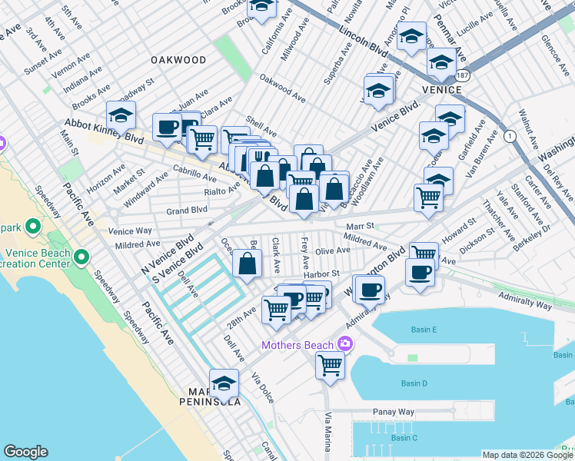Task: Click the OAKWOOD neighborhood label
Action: pyautogui.click(x=178, y=59)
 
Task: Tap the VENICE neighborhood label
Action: pyautogui.click(x=441, y=90)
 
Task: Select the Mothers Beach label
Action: pyautogui.click(x=296, y=345)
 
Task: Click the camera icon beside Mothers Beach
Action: pyautogui.click(x=346, y=344)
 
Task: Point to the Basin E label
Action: pyautogui.click(x=424, y=330)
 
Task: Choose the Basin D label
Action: pyautogui.click(x=414, y=383)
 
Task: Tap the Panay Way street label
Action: pyautogui.click(x=394, y=412)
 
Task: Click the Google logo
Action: pyautogui.click(x=25, y=452)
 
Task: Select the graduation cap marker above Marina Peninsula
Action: pyautogui.click(x=224, y=382)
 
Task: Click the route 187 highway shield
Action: pyautogui.click(x=462, y=77)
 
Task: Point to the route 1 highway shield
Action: pyautogui.click(x=510, y=135)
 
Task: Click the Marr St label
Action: pyautogui.click(x=359, y=227)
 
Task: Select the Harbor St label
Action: pyautogui.click(x=321, y=273)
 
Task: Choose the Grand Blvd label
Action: pyautogui.click(x=187, y=209)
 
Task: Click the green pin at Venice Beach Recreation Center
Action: pyautogui.click(x=33, y=227)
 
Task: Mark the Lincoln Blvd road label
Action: pyautogui.click(x=365, y=41)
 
